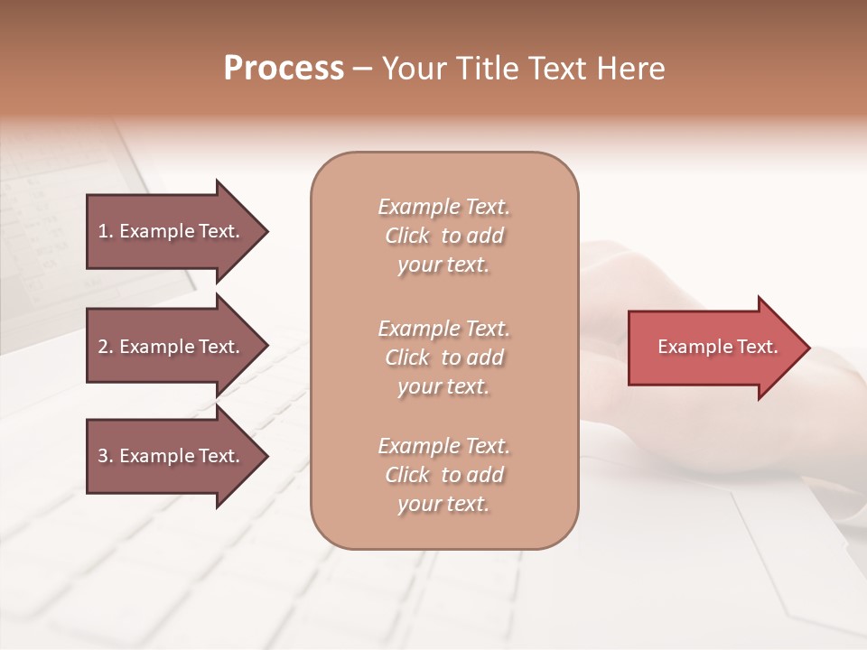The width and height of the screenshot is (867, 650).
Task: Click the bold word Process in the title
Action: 284,69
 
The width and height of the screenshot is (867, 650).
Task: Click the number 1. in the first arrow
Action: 106,231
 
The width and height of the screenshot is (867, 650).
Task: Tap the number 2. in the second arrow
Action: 106,347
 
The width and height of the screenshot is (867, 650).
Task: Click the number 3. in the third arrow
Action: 106,456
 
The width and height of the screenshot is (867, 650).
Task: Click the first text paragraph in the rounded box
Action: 443,236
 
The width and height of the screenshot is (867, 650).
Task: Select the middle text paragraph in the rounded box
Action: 443,357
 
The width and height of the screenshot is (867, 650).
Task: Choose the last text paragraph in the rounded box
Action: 443,475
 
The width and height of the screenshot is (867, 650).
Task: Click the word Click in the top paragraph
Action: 406,237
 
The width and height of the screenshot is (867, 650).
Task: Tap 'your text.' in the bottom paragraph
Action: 443,504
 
